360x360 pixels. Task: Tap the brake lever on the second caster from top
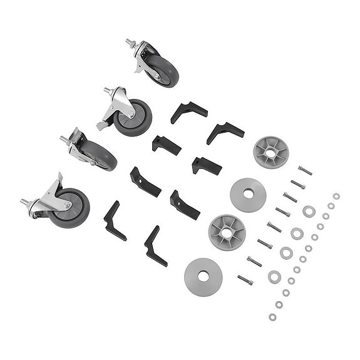tap(102, 125)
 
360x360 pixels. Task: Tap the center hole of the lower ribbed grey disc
tap(226, 232)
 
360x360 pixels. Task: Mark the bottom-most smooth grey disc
tap(203, 275)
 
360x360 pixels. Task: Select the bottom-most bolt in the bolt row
tap(245, 279)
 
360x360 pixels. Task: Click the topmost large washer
tap(307, 211)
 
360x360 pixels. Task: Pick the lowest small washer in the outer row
tap(272, 317)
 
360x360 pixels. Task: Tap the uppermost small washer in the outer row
tap(336, 196)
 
